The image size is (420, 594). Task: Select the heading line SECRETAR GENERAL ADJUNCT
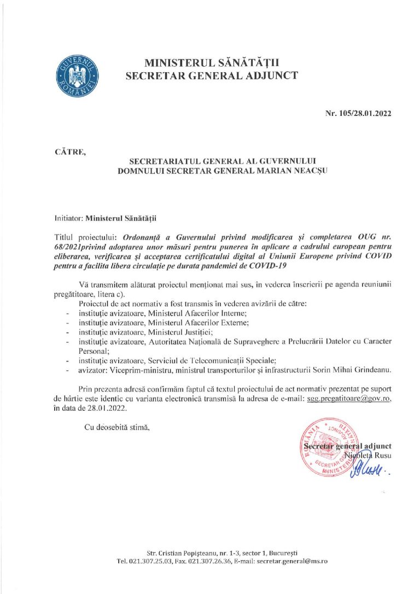212,76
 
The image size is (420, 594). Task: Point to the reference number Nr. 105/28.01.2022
358,114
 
